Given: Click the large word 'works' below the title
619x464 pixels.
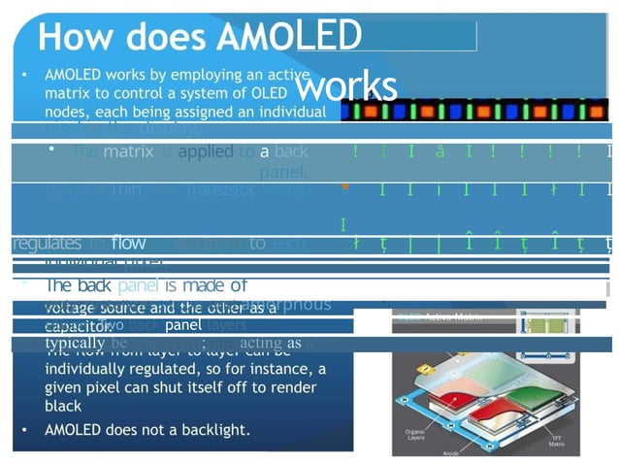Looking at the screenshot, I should [345, 86].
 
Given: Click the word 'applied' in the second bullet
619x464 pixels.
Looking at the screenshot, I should [206, 151].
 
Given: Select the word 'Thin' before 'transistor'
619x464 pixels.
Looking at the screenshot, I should [125, 190].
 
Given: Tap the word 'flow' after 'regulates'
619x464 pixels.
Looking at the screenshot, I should [128, 243].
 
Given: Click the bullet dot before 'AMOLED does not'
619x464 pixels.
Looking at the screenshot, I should [25, 429].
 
